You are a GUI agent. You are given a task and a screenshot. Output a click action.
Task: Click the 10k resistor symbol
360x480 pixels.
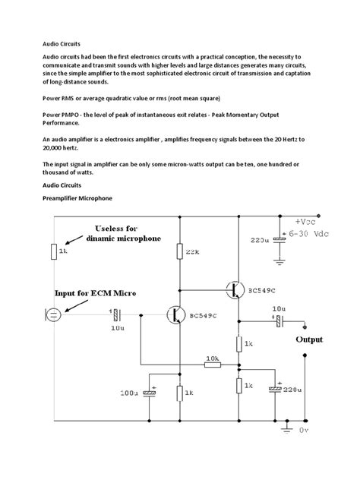click(x=213, y=365)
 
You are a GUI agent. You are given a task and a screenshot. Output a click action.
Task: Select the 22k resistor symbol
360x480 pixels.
click(x=179, y=252)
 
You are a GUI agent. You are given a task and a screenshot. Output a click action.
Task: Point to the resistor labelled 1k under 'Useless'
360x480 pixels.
click(x=53, y=251)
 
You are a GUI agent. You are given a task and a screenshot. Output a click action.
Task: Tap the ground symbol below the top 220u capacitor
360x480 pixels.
click(x=279, y=262)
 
